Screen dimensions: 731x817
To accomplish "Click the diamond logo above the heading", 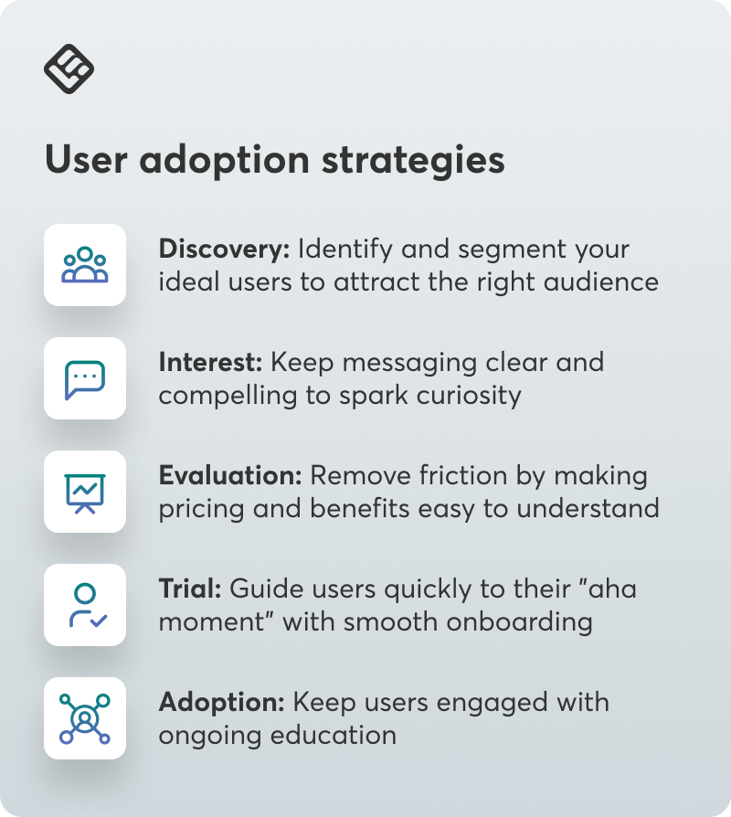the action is (x=69, y=69).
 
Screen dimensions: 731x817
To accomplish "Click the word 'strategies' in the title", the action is (x=413, y=161).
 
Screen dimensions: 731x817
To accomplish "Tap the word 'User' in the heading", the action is (x=86, y=159).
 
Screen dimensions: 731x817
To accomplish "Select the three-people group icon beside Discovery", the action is (x=85, y=265).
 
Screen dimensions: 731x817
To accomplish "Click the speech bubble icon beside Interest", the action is (x=85, y=379).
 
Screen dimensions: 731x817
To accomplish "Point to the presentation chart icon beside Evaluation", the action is (x=85, y=493).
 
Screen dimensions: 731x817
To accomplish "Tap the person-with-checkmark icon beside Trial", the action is (x=88, y=605).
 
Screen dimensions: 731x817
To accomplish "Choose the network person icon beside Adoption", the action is (x=85, y=718).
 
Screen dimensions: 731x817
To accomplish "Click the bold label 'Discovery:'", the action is (x=224, y=249).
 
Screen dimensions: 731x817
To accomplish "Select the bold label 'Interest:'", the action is (x=210, y=362).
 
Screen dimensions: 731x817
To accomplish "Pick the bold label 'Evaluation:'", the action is (x=230, y=475).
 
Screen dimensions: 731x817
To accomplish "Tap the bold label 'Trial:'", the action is (x=190, y=589).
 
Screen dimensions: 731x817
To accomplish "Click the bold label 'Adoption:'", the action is (x=222, y=702).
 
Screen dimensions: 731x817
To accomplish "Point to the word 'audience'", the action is (x=601, y=281).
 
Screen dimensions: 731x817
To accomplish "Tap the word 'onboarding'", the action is (x=519, y=622).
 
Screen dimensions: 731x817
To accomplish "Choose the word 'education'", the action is (x=334, y=735).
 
